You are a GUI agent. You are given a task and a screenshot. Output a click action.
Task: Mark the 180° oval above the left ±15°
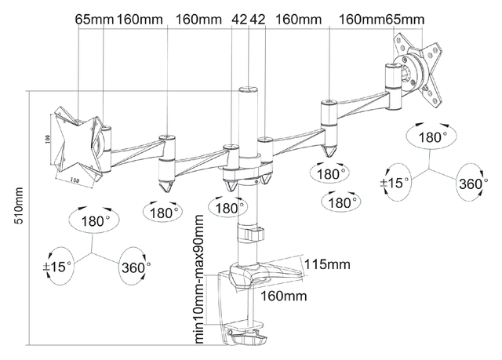coord(96,222)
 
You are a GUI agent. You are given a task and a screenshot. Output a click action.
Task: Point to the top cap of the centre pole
coord(246,90)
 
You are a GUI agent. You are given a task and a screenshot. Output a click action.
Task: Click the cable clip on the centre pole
coord(255,234)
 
